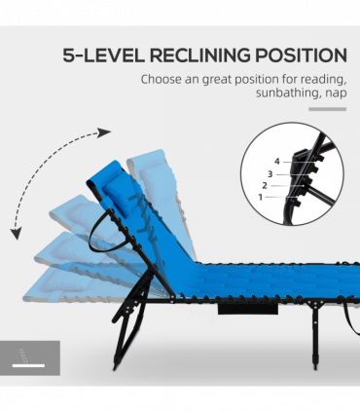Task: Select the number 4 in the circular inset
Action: click(276, 161)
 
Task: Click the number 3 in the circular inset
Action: click(270, 173)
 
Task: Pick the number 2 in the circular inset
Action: click(265, 184)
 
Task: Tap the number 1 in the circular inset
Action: click(260, 196)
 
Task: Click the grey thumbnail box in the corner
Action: click(30, 357)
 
